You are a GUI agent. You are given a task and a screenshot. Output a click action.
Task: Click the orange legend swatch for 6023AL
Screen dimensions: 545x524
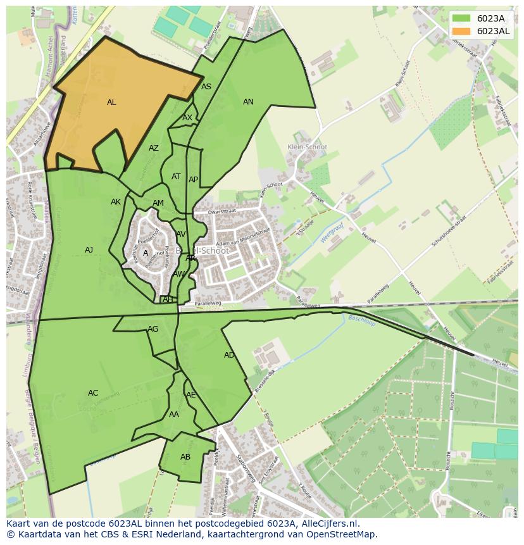(x=462, y=31)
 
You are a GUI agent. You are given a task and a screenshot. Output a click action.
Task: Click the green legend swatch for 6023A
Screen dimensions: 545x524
(x=462, y=18)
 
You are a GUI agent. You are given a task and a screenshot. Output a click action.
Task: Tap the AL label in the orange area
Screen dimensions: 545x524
(x=111, y=103)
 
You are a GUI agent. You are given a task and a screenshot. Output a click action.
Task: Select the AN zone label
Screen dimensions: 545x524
(x=248, y=102)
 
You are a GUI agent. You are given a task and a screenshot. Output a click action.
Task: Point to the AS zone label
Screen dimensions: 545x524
(x=206, y=87)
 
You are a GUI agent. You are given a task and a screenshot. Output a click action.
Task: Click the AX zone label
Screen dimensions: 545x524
(x=187, y=118)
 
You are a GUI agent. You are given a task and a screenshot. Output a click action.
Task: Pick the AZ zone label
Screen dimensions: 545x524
(x=154, y=149)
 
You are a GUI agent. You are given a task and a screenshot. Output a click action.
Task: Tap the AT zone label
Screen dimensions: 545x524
(x=176, y=177)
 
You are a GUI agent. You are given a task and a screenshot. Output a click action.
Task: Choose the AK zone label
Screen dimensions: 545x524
(x=116, y=202)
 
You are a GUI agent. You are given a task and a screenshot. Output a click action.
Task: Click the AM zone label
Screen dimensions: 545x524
(x=158, y=203)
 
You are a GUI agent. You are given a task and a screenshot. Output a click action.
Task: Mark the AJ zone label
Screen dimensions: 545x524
(x=89, y=250)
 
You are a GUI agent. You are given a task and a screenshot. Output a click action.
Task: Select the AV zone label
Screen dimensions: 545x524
(x=181, y=234)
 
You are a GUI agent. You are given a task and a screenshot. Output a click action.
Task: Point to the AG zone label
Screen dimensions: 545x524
(x=153, y=329)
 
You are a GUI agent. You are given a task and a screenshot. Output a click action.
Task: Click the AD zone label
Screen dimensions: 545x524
(x=229, y=355)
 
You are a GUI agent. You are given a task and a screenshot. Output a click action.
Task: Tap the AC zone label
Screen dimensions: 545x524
(x=93, y=393)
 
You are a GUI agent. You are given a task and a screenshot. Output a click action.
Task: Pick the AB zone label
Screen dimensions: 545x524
(x=185, y=457)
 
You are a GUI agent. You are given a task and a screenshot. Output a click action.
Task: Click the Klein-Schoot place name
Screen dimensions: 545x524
(x=307, y=147)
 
